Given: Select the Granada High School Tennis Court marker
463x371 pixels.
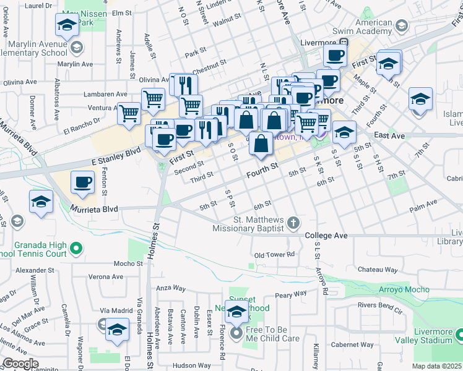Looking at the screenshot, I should point(76,249).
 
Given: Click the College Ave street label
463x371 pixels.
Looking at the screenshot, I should point(326,236).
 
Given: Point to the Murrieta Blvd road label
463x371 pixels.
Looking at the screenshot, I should point(94,209).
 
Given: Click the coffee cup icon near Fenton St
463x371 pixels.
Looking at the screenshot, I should point(83,182).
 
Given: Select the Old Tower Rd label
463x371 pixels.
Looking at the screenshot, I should point(273,255).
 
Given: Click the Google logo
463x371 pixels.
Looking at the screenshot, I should point(21,364).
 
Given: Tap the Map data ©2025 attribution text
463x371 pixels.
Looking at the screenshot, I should point(438,366).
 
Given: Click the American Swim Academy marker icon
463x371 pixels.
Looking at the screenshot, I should point(402,25).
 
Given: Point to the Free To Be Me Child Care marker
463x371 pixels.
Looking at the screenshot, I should point(236,335).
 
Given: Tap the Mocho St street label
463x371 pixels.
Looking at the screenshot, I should point(128,263).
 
